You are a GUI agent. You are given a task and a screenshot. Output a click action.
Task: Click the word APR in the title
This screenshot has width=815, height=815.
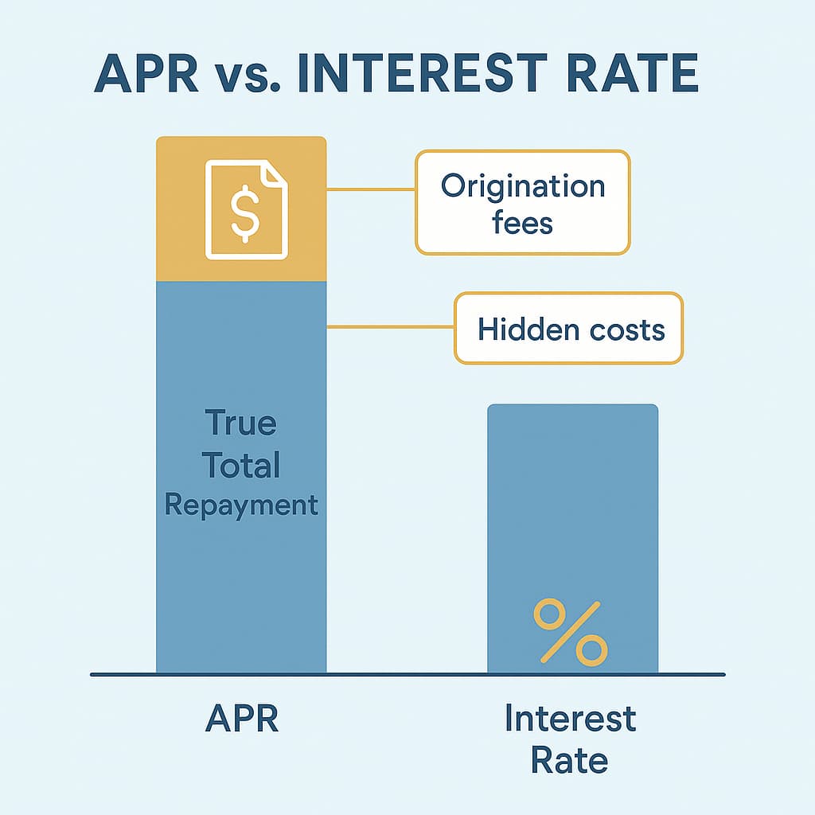[x=146, y=73]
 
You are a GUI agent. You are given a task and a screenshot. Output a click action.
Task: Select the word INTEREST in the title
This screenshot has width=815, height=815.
[x=423, y=73]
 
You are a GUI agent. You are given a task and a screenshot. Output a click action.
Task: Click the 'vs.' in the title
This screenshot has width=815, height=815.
[x=248, y=79]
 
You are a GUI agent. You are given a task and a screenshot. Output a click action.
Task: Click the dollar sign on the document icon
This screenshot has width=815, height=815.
[x=245, y=214]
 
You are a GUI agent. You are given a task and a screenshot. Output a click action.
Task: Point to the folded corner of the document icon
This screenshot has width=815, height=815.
[x=275, y=172]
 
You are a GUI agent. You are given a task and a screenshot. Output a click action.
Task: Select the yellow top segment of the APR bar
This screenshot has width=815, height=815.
[x=241, y=209]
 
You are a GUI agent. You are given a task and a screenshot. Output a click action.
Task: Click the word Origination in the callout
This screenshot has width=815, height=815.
[x=523, y=187]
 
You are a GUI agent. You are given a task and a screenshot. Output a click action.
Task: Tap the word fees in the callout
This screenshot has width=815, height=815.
[x=522, y=223]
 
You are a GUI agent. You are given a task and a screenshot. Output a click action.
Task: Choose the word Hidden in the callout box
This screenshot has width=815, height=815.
[x=528, y=329]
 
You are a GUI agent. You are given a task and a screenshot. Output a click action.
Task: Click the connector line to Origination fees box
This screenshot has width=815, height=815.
[x=371, y=189]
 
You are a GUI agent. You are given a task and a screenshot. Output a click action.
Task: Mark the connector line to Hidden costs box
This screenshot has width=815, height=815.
[x=390, y=327]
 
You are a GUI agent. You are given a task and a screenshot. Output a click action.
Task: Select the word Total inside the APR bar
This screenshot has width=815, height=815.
[x=241, y=464]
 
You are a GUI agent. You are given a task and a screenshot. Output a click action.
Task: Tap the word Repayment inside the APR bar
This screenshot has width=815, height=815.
[x=241, y=505]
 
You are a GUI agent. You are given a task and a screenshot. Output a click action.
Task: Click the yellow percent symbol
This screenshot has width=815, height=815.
[x=571, y=632]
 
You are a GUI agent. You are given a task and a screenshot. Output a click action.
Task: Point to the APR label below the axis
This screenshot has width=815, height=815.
[x=242, y=718]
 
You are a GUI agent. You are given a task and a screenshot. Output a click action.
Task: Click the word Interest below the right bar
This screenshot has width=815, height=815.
[x=571, y=718]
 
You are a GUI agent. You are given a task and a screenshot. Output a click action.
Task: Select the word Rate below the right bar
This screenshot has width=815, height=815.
[x=570, y=760]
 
